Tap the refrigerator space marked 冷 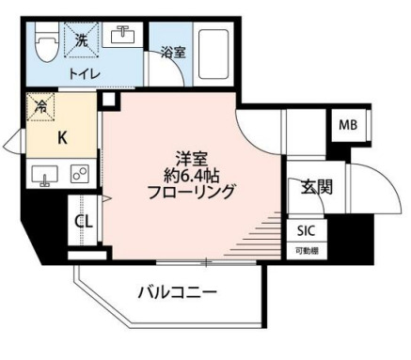(x=42, y=105)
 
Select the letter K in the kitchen (x=62, y=136)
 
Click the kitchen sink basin (x=43, y=174)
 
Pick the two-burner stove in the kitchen (x=78, y=175)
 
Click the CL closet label (x=82, y=223)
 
